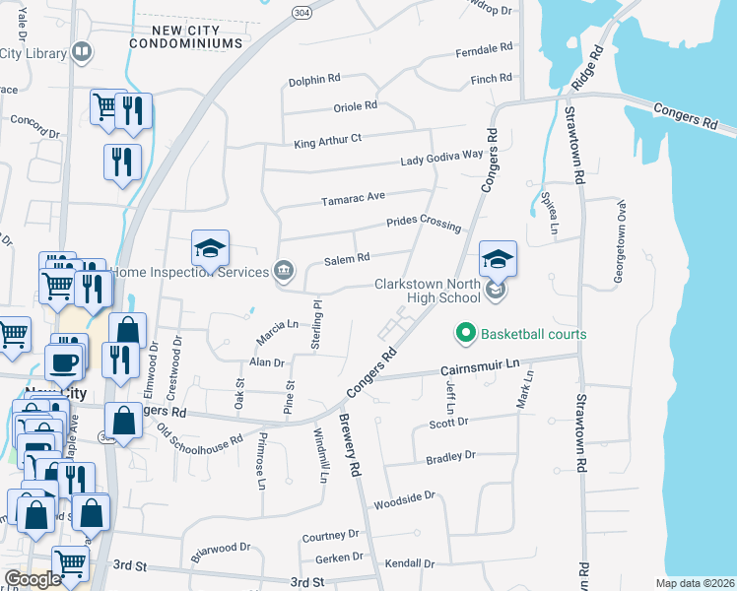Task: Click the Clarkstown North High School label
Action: click(x=426, y=291)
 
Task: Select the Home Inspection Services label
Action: click(x=190, y=271)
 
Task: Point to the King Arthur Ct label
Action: click(x=328, y=142)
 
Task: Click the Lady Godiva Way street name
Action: click(x=442, y=158)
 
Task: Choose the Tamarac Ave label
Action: click(x=353, y=199)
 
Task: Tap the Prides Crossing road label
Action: click(x=424, y=223)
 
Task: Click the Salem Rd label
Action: click(x=347, y=258)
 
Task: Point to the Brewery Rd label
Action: click(x=351, y=445)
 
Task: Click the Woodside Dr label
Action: click(x=404, y=501)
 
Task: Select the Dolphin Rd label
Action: click(x=313, y=81)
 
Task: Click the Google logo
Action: click(x=32, y=579)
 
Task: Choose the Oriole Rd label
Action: click(x=357, y=106)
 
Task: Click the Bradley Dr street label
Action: click(x=450, y=457)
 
